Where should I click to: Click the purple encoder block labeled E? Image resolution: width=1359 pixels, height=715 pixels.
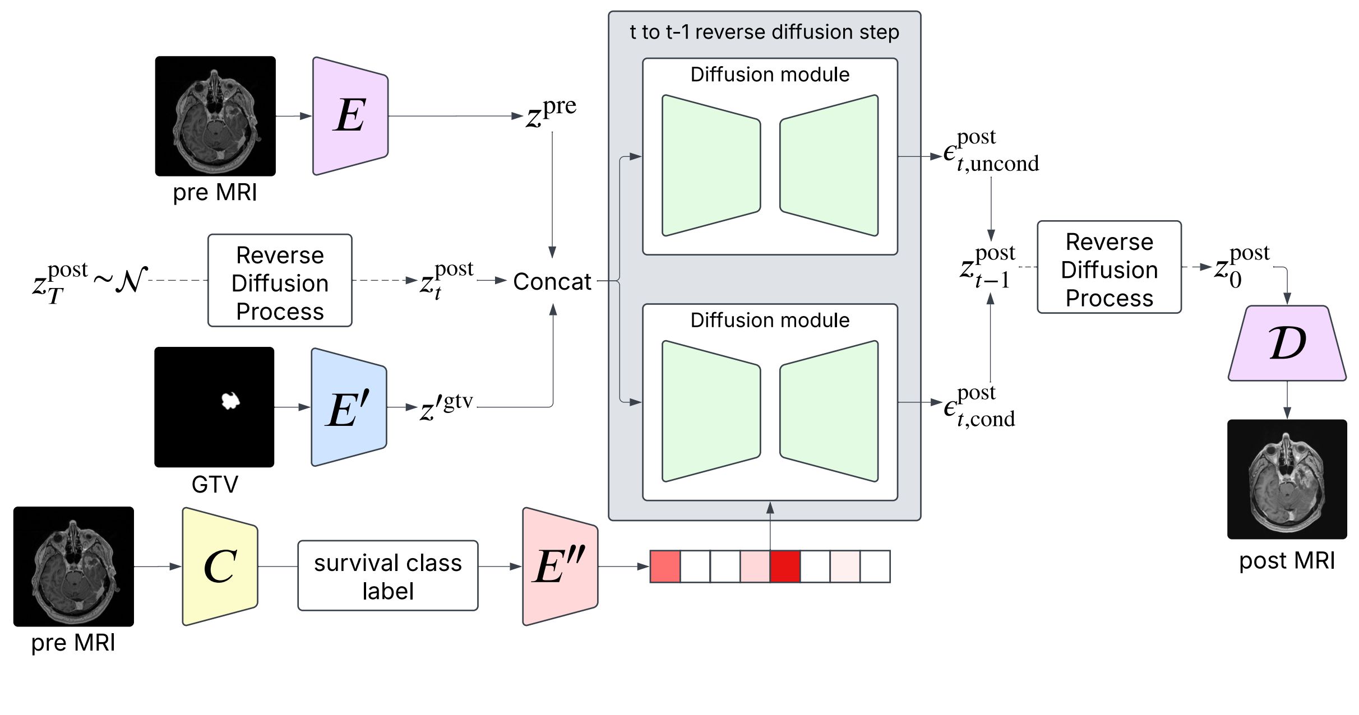coord(350,116)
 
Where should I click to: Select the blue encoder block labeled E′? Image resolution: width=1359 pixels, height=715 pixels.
coord(349,407)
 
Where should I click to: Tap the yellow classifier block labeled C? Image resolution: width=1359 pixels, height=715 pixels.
coord(220,567)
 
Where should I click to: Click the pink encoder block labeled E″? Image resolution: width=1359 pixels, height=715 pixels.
coord(560,567)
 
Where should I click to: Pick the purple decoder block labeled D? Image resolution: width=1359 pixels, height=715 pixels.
coord(1287,343)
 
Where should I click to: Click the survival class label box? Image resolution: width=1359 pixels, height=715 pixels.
coord(388,575)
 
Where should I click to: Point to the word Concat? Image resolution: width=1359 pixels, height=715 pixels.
coord(552,281)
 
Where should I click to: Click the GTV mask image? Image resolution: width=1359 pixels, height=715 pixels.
coord(214,407)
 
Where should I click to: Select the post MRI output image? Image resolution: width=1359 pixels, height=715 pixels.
coord(1287,479)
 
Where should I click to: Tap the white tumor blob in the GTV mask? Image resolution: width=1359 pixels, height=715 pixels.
coord(230,400)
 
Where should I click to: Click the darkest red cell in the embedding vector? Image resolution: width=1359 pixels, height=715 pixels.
coord(785,567)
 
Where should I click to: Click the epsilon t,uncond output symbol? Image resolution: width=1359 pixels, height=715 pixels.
coord(991,151)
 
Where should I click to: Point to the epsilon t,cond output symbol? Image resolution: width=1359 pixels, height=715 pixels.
coord(979,407)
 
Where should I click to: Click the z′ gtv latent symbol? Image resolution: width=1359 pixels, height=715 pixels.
coord(447,407)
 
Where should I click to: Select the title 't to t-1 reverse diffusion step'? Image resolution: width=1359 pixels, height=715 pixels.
coord(765,32)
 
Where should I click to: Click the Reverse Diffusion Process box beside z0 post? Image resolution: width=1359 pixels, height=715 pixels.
coord(1110,267)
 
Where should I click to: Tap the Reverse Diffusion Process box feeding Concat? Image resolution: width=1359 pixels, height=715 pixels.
coord(280,280)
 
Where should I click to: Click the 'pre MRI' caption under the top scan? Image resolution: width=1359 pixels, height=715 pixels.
coord(215,192)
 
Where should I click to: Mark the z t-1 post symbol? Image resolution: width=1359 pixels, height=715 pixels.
coord(987,267)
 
